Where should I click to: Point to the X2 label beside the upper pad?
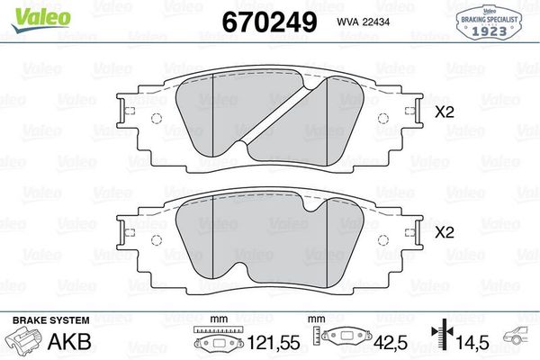point(443,113)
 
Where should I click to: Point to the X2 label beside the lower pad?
point(443,231)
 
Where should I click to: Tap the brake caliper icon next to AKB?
point(24,341)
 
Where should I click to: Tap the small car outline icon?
point(518,337)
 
